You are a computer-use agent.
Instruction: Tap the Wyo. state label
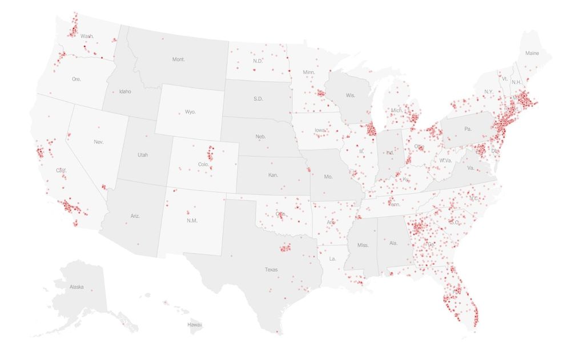[x=190, y=112]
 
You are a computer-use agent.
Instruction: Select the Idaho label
[x=125, y=91]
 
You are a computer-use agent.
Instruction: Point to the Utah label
[x=142, y=155]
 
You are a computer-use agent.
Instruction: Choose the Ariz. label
[x=135, y=216]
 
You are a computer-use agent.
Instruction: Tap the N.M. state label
[x=192, y=220]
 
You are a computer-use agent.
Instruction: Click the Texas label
[x=271, y=269]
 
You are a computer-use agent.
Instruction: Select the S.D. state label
[x=258, y=99]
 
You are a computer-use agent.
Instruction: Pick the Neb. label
[x=260, y=137]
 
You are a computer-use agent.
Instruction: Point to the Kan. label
[x=273, y=175]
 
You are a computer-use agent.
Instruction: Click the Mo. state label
[x=328, y=177]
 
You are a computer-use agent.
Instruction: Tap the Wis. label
[x=350, y=96]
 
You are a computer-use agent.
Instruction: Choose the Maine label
[x=532, y=53]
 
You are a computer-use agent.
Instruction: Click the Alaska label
[x=77, y=287]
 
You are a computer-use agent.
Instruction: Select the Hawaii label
[x=195, y=325]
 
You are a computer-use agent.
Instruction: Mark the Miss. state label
[x=363, y=245]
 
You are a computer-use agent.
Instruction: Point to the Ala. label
[x=393, y=243]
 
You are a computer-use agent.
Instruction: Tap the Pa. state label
[x=468, y=129]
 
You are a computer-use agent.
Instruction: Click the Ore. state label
[x=77, y=79]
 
